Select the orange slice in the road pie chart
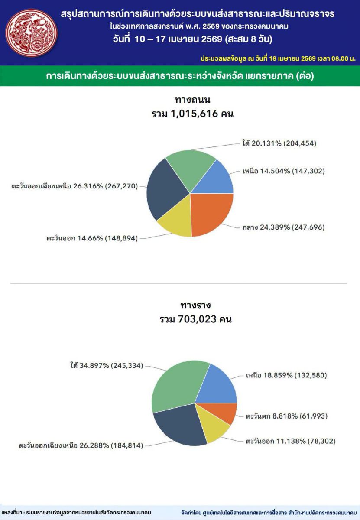[x=211, y=214]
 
